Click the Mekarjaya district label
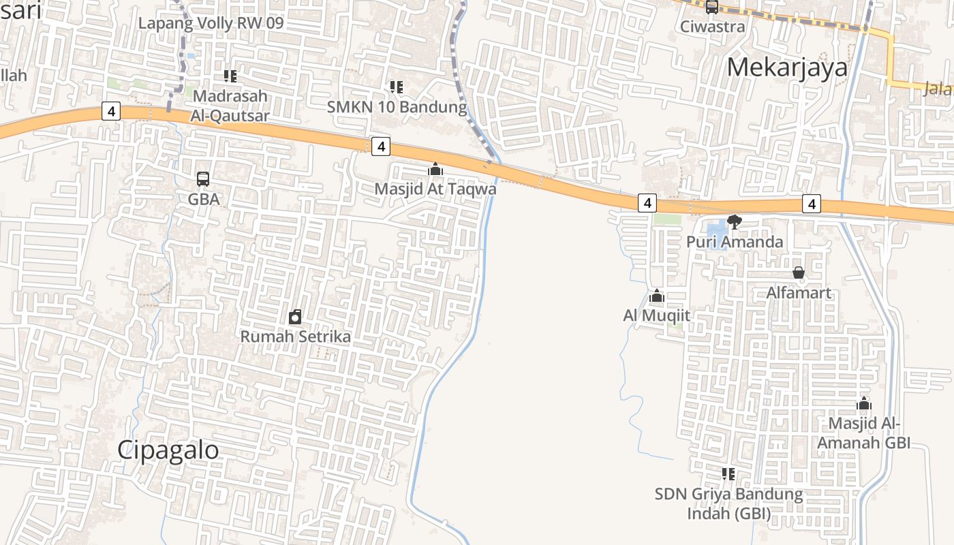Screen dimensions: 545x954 click(787, 67)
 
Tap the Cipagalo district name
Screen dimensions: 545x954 click(168, 450)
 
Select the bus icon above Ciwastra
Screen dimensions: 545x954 click(712, 7)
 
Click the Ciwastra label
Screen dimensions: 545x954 click(713, 27)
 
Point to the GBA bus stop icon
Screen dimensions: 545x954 click(203, 179)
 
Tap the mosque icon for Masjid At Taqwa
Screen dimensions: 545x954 click(435, 169)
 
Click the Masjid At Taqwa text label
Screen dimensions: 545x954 click(436, 189)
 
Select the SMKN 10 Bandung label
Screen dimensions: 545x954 click(397, 107)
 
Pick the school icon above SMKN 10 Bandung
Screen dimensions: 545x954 click(396, 87)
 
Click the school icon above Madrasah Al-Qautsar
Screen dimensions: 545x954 click(230, 76)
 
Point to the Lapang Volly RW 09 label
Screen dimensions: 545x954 click(211, 23)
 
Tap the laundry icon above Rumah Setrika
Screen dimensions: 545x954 click(295, 317)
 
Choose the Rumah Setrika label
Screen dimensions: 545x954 click(296, 337)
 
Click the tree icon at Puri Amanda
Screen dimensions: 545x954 click(735, 221)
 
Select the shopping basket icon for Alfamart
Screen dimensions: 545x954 click(799, 273)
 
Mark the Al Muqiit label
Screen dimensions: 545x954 click(657, 315)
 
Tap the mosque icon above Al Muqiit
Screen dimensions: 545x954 click(657, 296)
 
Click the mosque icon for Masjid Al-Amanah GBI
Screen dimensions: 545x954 click(864, 404)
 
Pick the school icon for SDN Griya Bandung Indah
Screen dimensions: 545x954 click(728, 473)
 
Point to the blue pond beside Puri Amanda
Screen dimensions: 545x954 click(717, 235)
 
